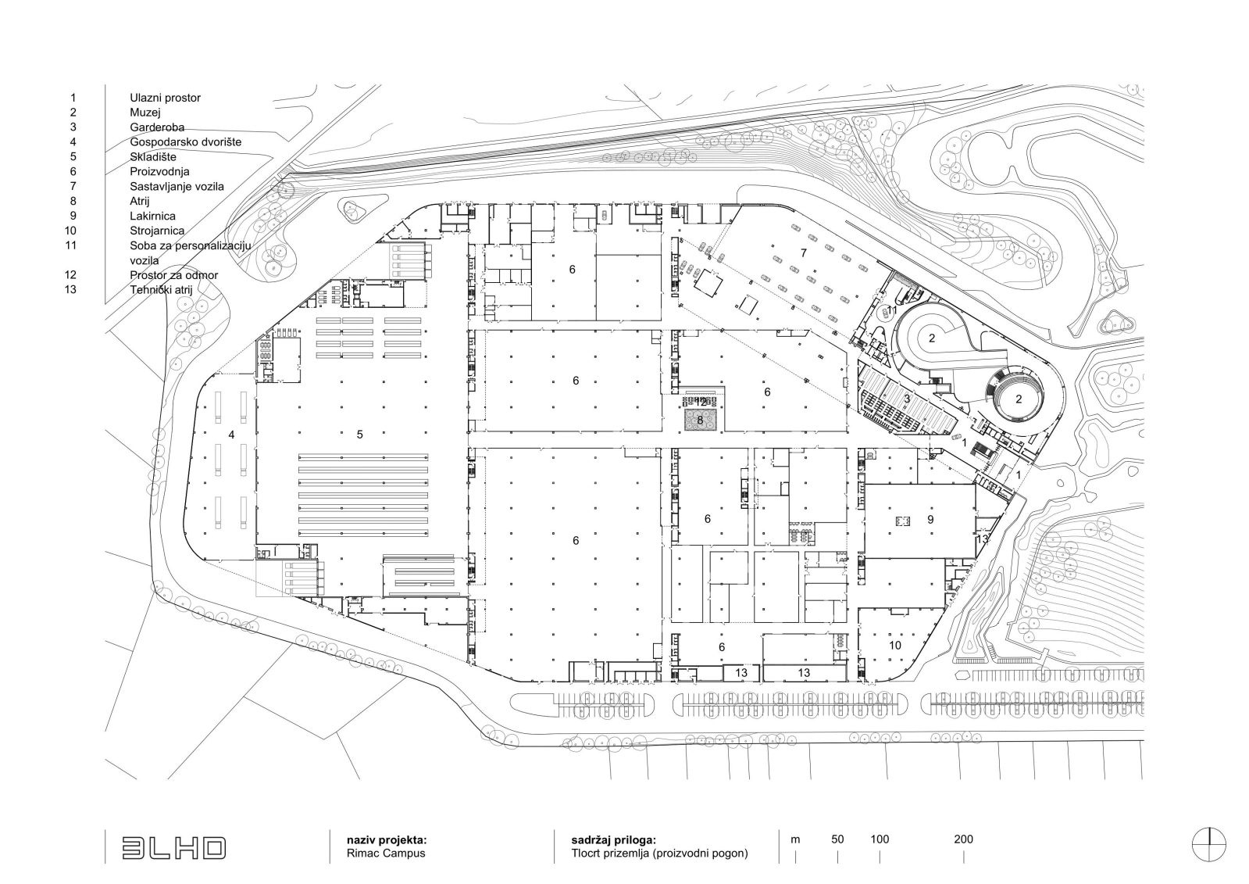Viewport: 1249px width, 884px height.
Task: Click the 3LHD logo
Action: coord(174,848)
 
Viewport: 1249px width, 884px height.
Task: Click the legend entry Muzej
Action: coord(145,113)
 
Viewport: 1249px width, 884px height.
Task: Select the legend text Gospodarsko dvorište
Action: coord(186,141)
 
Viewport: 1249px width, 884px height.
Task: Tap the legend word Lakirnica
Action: coord(153,216)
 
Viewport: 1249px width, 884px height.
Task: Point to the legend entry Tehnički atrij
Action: coord(161,290)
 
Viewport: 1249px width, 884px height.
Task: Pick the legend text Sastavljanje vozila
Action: coord(177,186)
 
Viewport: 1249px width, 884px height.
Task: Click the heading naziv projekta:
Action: coord(387,839)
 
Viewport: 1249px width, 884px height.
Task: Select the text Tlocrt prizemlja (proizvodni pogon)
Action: coord(659,854)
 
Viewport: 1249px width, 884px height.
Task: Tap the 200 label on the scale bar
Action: coord(964,839)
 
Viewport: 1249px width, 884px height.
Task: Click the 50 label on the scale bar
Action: coord(837,839)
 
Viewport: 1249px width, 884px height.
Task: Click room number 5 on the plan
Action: coord(359,435)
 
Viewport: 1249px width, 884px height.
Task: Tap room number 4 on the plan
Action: coord(231,435)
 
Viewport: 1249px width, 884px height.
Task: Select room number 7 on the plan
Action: coord(804,252)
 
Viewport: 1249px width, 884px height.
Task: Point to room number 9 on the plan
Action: coord(930,520)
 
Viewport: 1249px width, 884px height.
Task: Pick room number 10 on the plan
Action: coord(895,646)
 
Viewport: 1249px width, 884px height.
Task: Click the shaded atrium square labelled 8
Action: coord(701,420)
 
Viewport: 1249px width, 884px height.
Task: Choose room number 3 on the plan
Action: coord(907,399)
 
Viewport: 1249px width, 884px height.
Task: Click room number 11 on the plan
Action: coord(892,310)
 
